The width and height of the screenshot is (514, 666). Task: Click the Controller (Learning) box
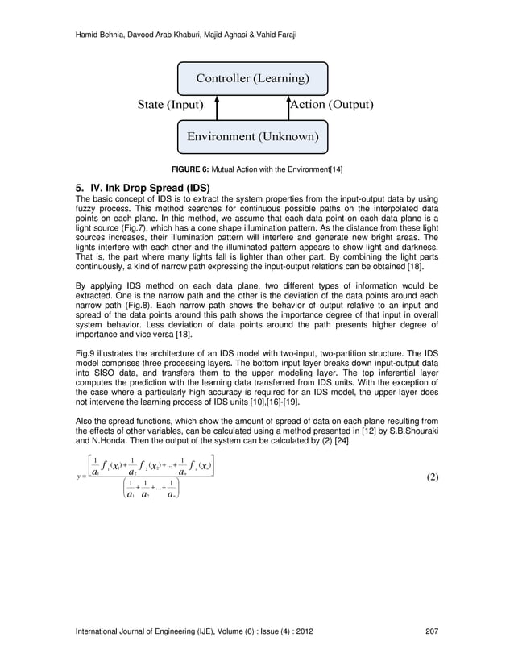point(252,78)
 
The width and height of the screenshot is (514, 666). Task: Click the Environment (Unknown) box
point(252,136)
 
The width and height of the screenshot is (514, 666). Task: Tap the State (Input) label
point(170,105)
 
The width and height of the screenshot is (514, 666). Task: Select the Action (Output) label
point(330,105)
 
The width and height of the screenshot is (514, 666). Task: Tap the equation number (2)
point(431,477)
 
